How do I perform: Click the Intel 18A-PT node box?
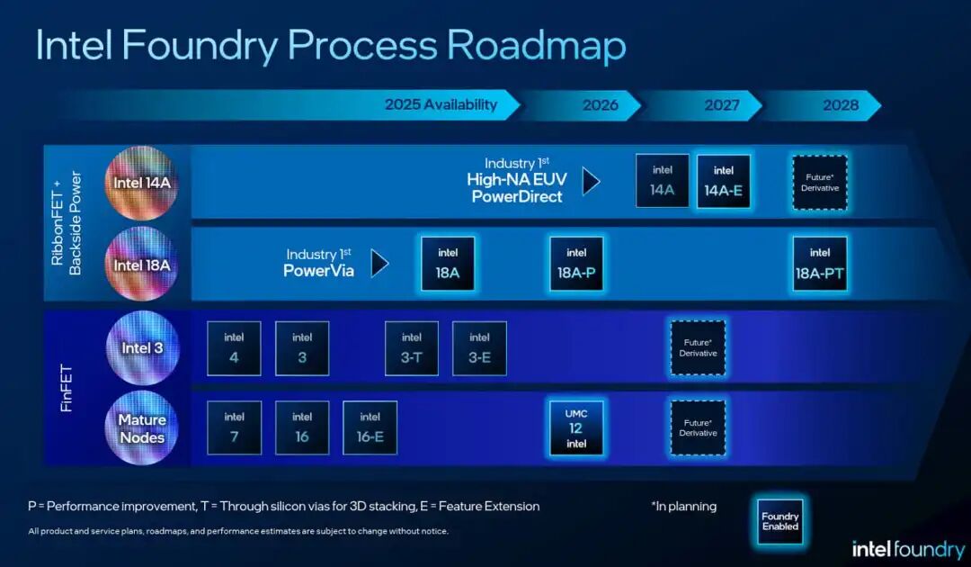point(820,264)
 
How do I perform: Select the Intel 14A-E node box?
point(723,181)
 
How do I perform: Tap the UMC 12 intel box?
point(576,427)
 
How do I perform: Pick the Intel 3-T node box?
point(412,348)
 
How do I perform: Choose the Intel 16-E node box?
point(370,427)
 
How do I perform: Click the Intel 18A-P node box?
point(576,264)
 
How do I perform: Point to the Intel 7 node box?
point(235,427)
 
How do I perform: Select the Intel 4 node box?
point(235,348)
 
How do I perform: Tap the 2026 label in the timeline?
point(600,105)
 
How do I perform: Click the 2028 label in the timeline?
point(841,105)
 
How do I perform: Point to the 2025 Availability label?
point(441,104)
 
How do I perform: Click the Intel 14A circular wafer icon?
point(141,183)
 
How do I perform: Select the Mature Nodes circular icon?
point(141,428)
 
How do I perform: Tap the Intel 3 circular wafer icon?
point(141,348)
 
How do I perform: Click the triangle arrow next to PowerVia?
point(380,263)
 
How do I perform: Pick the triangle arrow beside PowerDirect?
point(591,181)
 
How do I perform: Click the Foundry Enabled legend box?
point(779,522)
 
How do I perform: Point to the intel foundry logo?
point(907,548)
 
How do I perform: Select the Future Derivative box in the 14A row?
point(820,183)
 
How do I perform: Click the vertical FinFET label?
point(67,389)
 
